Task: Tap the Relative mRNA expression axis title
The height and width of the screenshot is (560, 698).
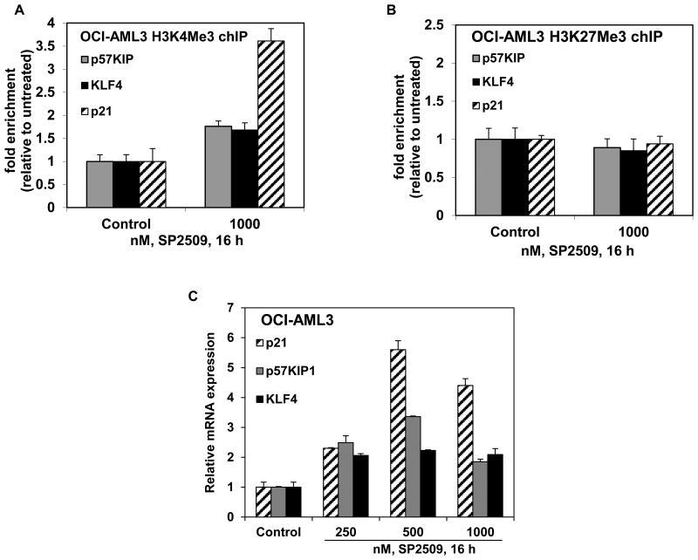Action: pyautogui.click(x=210, y=412)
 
